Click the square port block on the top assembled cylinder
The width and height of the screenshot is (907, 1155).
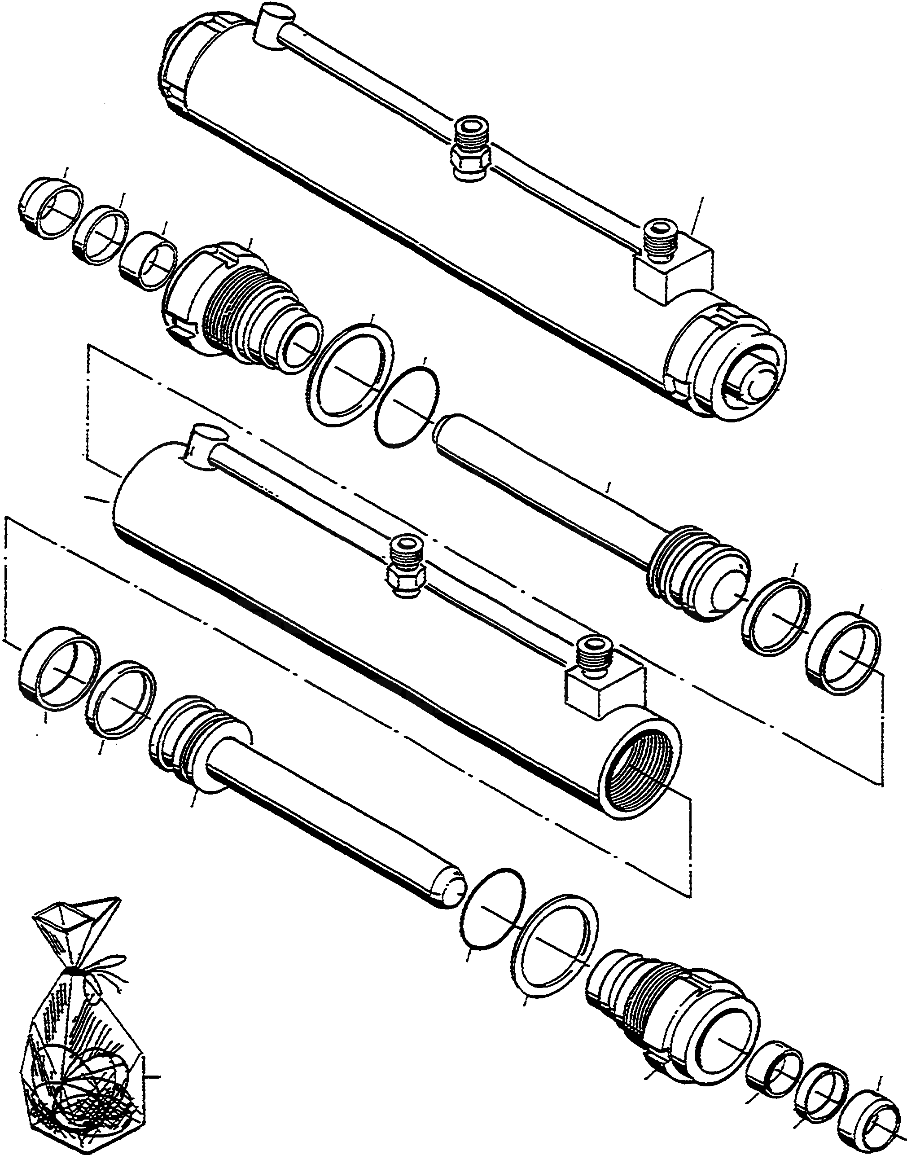(675, 271)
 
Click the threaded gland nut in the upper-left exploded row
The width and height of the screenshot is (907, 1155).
(234, 303)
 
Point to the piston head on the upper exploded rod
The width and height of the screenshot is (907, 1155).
(698, 576)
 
